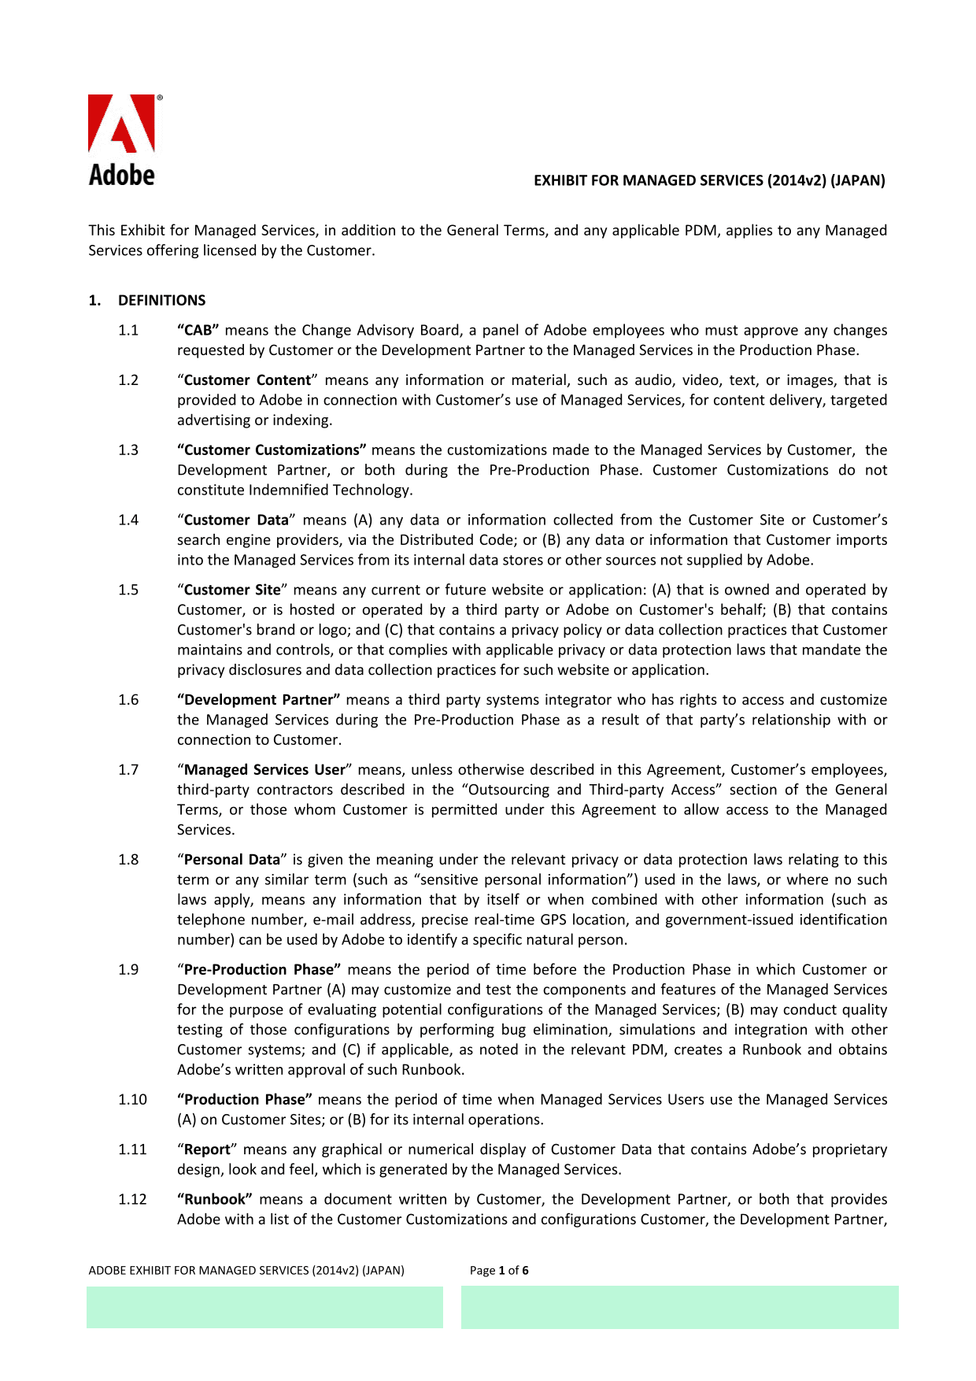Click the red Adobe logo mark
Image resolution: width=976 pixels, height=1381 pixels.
121,124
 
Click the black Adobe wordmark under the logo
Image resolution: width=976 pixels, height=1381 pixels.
121,175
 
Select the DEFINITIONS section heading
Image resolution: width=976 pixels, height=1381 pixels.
161,300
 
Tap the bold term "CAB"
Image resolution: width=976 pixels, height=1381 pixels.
198,330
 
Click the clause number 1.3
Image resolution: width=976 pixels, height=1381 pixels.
128,450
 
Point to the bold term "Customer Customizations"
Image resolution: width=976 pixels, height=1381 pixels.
272,450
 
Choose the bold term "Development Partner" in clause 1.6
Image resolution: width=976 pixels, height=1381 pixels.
259,699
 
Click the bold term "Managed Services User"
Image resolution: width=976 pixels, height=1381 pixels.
264,769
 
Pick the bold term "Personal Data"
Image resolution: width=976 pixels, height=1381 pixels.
232,859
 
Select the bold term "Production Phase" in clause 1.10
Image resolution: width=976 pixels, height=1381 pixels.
245,1099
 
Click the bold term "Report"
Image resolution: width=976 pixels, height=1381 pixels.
207,1149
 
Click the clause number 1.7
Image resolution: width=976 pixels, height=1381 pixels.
128,769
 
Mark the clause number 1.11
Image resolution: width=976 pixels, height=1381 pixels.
132,1149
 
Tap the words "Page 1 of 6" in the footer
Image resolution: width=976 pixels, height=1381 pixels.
499,1270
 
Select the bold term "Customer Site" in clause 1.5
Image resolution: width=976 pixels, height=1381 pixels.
232,590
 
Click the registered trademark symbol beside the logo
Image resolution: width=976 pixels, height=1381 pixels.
160,98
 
